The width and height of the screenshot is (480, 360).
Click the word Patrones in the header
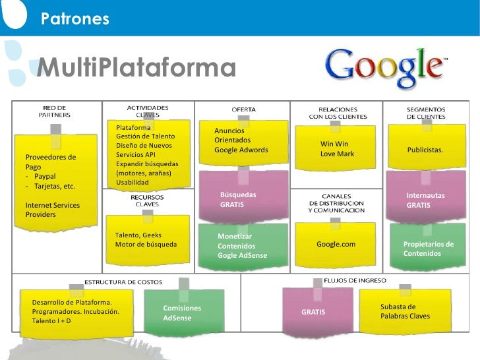(74, 20)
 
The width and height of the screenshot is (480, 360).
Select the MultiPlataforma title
(136, 67)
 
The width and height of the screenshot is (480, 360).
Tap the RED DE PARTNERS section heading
(54, 111)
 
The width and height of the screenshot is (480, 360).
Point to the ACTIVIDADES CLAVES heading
(148, 110)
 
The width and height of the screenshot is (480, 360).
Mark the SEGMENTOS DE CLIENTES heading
(425, 113)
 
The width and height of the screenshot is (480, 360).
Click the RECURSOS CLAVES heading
(143, 200)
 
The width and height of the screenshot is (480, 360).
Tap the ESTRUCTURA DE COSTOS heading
(123, 282)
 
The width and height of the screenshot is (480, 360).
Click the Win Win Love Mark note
(337, 149)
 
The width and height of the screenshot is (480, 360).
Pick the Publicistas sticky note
(425, 150)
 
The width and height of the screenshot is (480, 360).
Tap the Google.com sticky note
(336, 245)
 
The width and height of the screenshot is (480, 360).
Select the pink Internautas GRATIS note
(426, 200)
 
